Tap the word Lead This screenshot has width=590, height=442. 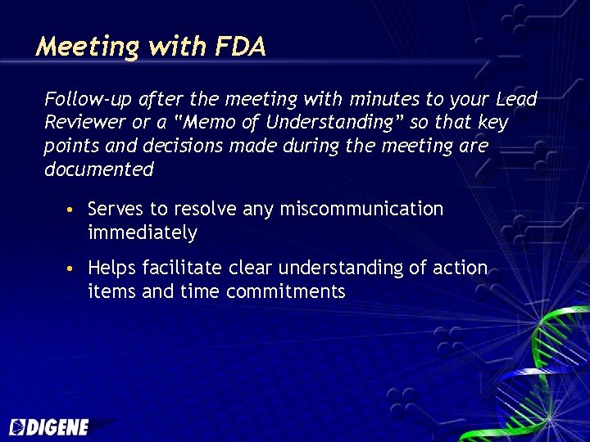point(516,99)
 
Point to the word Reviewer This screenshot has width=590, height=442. point(80,123)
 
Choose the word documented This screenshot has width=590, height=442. point(98,169)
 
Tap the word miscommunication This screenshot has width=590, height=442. point(361,209)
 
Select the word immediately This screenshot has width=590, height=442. point(142,232)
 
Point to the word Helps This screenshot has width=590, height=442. point(112,268)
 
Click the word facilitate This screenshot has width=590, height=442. point(182,268)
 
